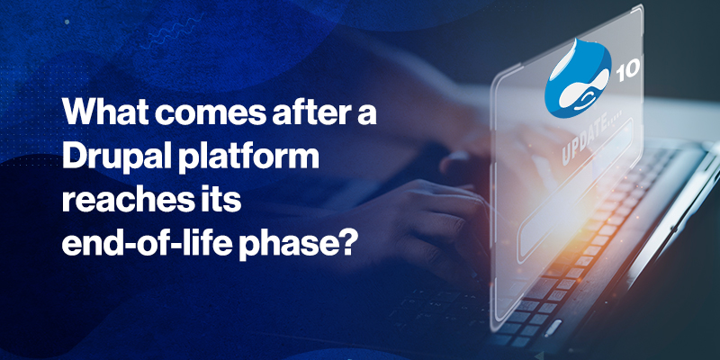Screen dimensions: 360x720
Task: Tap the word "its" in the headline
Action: point(221,201)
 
